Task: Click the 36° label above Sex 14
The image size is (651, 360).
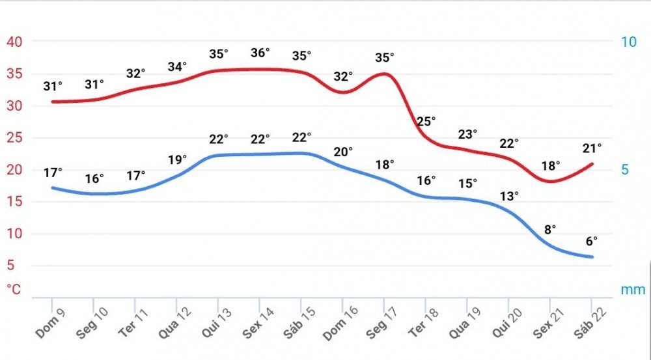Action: (x=260, y=53)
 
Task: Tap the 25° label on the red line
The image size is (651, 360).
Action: (x=426, y=121)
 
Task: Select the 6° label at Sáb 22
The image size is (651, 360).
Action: (x=591, y=241)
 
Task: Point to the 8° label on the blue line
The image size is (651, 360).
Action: (x=550, y=229)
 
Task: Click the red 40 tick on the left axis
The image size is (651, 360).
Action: (x=14, y=42)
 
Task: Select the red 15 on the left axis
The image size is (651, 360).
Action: (x=14, y=202)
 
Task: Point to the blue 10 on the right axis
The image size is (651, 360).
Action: (x=628, y=42)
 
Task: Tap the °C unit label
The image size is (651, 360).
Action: (x=15, y=289)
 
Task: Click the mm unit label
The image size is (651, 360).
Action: (x=633, y=289)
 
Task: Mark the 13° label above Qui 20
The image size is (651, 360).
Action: (x=509, y=195)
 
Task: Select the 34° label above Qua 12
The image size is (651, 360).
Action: (x=177, y=66)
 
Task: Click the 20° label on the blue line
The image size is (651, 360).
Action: (x=343, y=152)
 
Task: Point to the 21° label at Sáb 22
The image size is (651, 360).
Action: (x=592, y=148)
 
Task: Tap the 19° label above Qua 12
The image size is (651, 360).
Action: (x=177, y=159)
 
